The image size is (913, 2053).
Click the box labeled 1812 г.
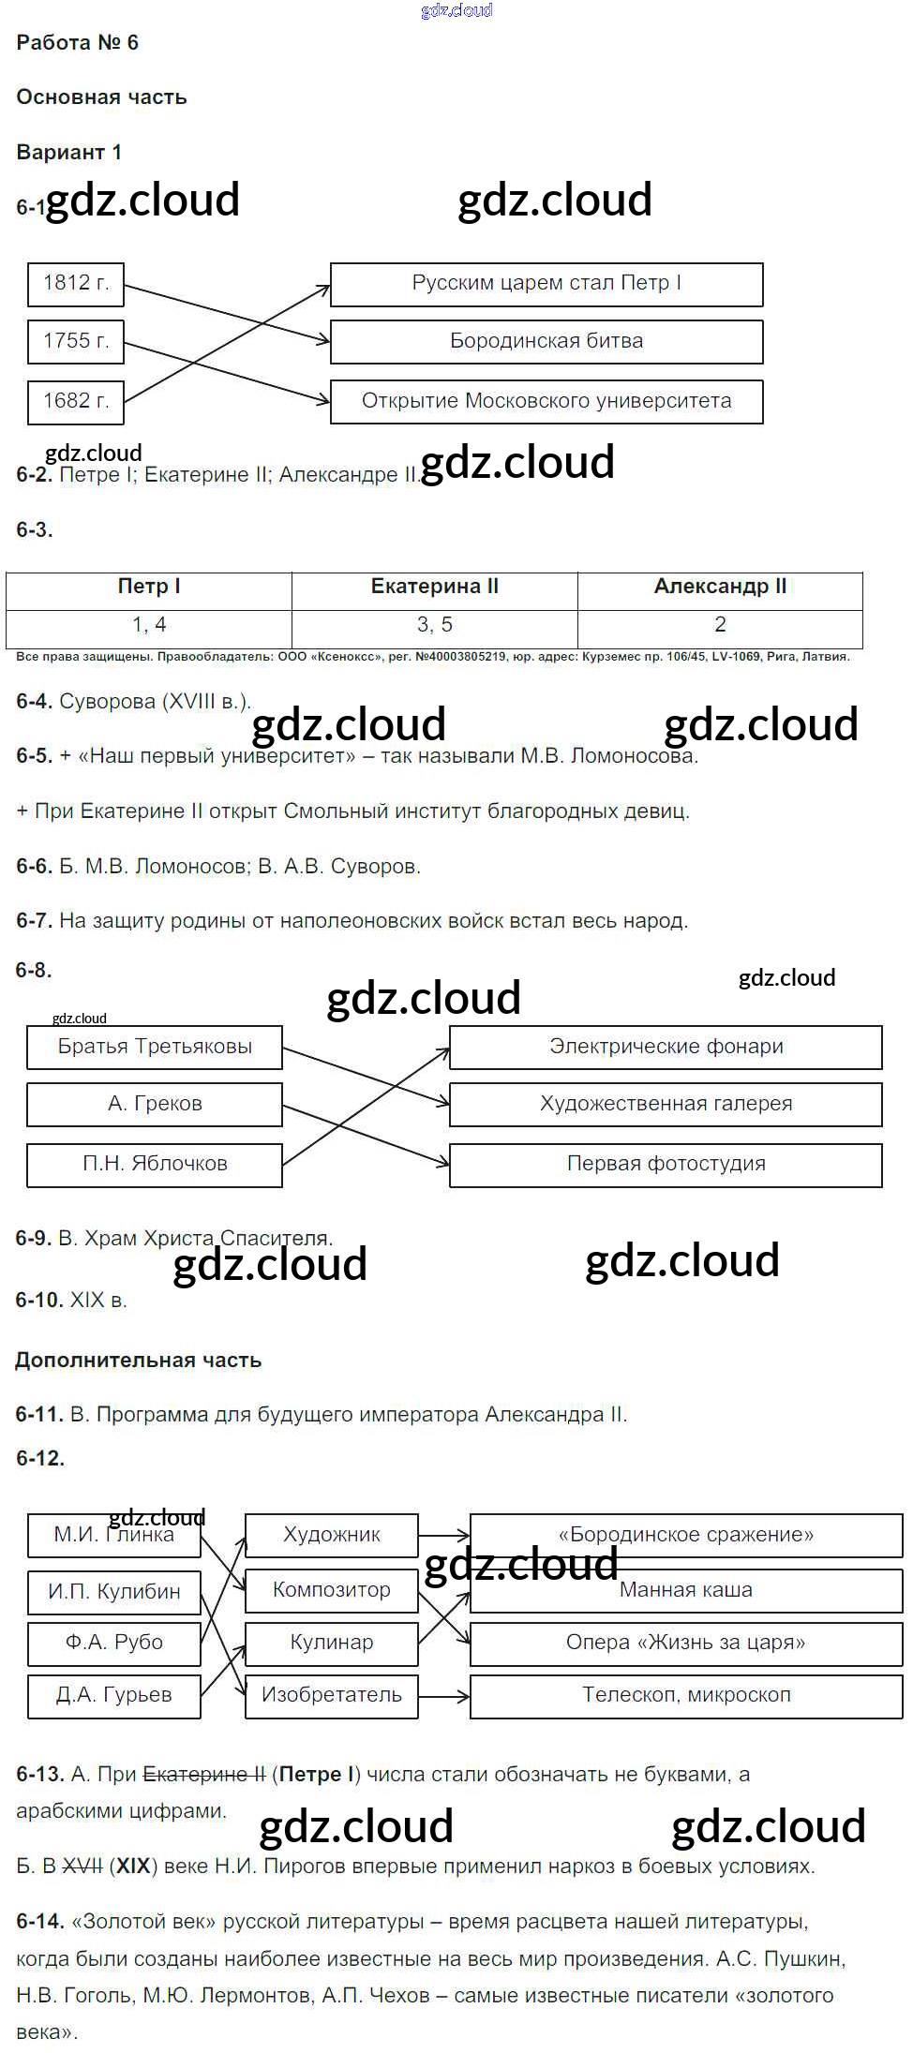76,283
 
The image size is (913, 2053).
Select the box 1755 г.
76,341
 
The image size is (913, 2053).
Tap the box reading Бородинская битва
546,342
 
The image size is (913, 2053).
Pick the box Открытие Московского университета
546,401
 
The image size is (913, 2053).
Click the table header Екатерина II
435,588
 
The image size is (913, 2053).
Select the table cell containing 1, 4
149,625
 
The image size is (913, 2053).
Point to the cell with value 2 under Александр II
720,625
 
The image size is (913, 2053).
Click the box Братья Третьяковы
155,1048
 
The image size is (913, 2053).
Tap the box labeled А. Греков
155,1105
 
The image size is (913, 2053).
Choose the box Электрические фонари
666,1048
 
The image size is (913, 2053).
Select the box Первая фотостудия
666,1165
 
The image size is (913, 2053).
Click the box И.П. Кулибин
114,1592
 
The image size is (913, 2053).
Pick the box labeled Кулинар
332,1643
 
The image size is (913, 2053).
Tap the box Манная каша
686,1590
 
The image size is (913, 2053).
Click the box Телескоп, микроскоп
686,1695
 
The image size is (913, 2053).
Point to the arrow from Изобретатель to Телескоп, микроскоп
443,1696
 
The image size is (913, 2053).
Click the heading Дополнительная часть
139,1361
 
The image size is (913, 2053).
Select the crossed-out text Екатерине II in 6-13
203,1775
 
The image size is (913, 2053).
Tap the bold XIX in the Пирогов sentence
133,1867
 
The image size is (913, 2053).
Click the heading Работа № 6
78,43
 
